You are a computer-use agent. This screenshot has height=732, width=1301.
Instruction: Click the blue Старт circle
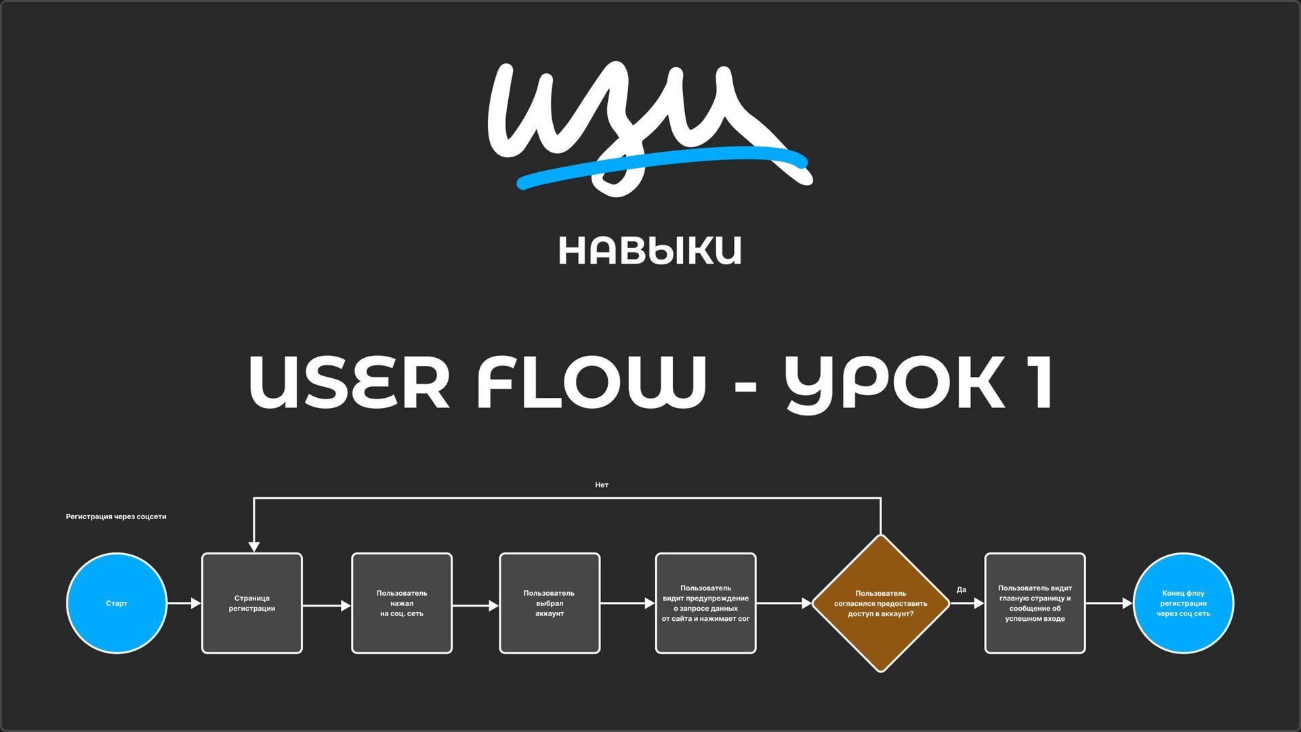[x=117, y=603]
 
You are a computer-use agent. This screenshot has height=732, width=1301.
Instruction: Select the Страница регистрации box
[x=252, y=603]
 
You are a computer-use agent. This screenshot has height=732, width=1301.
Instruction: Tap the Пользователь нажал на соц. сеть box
[x=402, y=603]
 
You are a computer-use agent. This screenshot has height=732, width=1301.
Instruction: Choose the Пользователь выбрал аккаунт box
[x=550, y=603]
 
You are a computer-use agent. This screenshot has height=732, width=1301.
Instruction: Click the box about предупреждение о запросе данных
[x=705, y=603]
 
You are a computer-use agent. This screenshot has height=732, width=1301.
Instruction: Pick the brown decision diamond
[x=880, y=603]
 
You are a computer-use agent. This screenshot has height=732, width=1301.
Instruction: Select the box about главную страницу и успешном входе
[x=1035, y=603]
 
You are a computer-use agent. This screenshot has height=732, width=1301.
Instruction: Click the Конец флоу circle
[x=1183, y=603]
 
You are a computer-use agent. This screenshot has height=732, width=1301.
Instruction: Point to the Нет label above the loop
[x=602, y=485]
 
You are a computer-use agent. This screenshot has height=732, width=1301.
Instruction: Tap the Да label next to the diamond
[x=961, y=590]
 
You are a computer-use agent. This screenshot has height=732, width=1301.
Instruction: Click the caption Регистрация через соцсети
[x=116, y=516]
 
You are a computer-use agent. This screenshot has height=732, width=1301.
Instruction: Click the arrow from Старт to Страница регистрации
[x=184, y=603]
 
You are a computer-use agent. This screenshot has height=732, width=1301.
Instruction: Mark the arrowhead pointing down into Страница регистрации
[x=254, y=546]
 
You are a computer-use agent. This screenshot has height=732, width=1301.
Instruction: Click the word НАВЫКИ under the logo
[x=650, y=251]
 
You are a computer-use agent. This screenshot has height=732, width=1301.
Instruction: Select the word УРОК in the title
[x=894, y=383]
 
